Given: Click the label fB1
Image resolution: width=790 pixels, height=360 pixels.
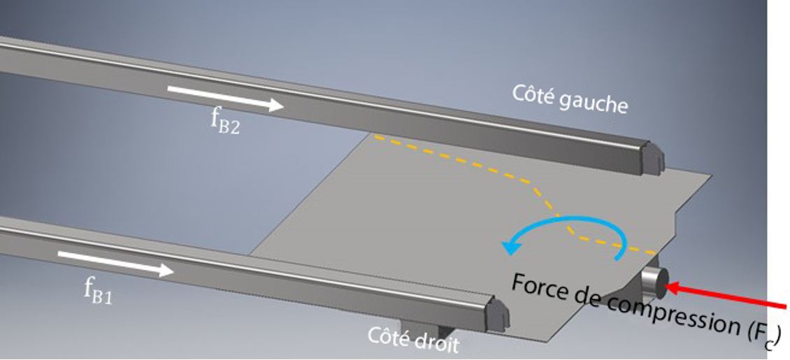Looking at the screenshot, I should pyautogui.click(x=98, y=289).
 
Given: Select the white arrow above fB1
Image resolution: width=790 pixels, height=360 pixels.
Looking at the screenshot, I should pyautogui.click(x=115, y=264).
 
